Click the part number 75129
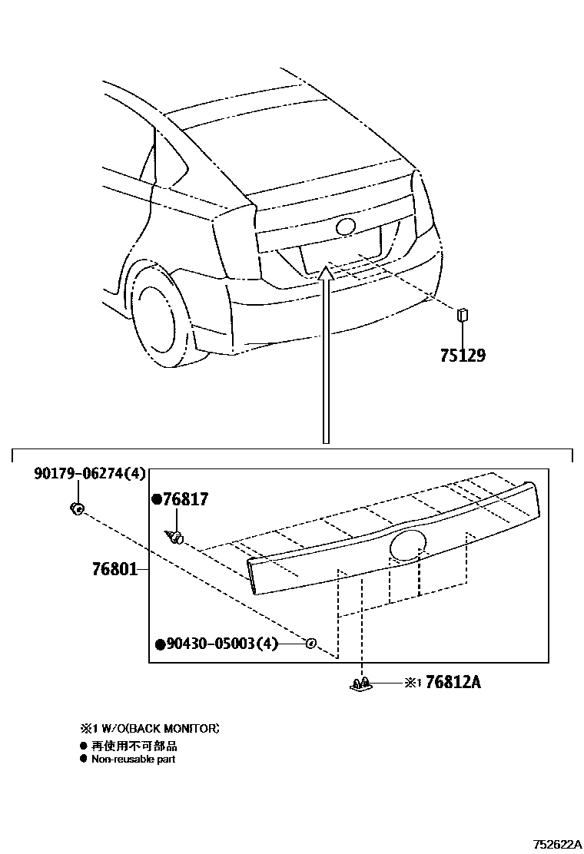(463, 356)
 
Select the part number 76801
(114, 569)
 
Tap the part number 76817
(185, 500)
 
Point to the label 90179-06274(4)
(89, 474)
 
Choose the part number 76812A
(453, 681)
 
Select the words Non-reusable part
(133, 759)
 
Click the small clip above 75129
(463, 314)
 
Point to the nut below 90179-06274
(76, 508)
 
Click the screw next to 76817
(174, 536)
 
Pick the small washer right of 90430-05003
(311, 643)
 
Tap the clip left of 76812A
(361, 683)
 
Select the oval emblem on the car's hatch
(345, 227)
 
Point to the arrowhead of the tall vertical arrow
(327, 269)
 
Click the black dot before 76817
(157, 500)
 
